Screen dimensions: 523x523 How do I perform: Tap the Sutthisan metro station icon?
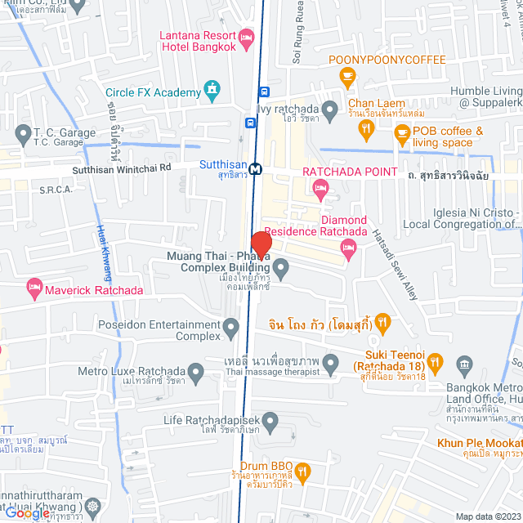tap(257, 169)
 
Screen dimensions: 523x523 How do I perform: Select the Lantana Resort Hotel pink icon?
tap(247, 38)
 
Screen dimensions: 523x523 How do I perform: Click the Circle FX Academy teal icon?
tap(212, 87)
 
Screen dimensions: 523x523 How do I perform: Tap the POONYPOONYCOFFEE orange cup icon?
tap(347, 77)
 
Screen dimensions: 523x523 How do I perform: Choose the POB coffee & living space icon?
tap(400, 136)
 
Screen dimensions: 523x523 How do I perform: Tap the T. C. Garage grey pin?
tap(21, 131)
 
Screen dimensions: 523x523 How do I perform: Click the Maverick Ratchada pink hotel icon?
tap(34, 286)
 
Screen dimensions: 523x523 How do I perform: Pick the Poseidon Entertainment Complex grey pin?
tap(232, 329)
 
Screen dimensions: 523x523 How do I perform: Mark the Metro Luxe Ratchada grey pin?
tap(196, 373)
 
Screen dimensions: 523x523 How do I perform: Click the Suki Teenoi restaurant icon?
tap(437, 361)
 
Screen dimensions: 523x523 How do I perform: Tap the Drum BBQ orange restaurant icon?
tap(303, 471)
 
